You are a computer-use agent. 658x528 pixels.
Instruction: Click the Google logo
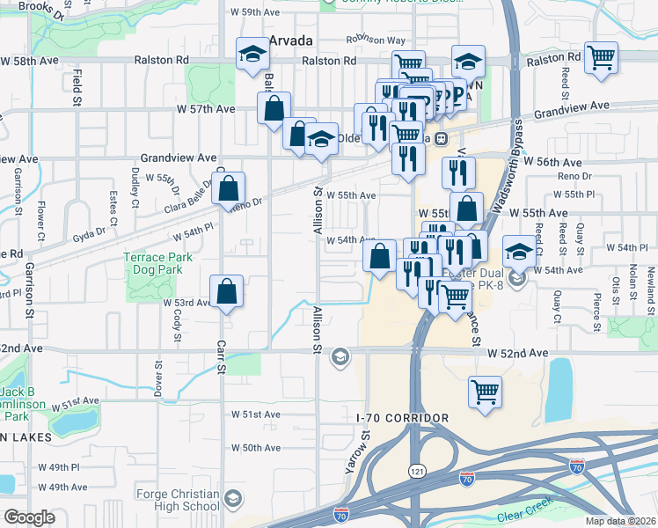(x=30, y=517)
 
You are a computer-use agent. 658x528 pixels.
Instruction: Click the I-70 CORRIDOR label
(x=403, y=418)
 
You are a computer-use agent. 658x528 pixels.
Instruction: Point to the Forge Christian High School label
(x=178, y=500)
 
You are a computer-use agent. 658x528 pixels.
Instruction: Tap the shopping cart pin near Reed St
(x=601, y=59)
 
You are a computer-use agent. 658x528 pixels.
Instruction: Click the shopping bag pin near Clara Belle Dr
(x=228, y=187)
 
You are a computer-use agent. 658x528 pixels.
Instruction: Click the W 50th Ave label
(x=256, y=448)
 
